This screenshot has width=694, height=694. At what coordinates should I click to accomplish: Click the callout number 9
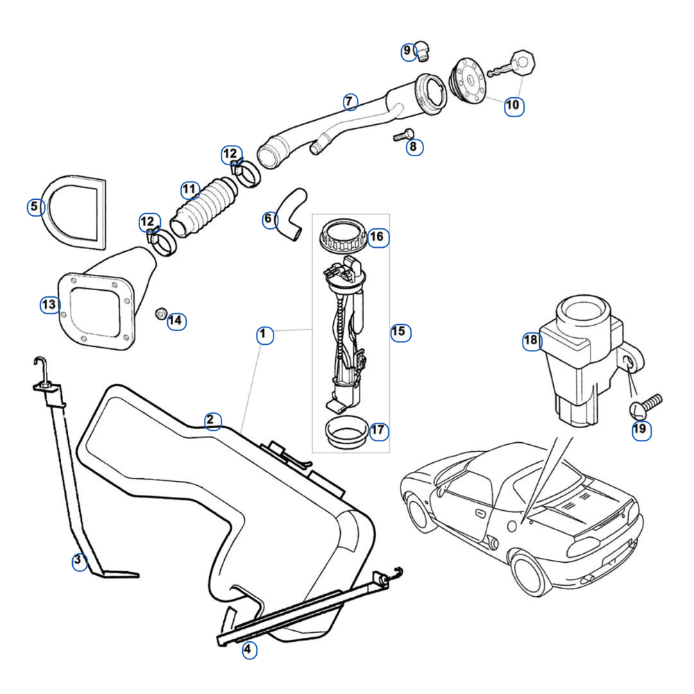pyautogui.click(x=407, y=51)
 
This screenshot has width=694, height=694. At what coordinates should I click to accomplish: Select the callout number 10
pyautogui.click(x=513, y=105)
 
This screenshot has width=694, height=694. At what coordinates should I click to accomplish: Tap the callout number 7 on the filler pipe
pyautogui.click(x=350, y=102)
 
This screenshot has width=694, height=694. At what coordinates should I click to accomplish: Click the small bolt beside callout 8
pyautogui.click(x=403, y=135)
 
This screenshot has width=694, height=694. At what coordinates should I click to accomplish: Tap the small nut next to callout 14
pyautogui.click(x=159, y=314)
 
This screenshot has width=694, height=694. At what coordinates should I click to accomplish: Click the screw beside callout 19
pyautogui.click(x=648, y=404)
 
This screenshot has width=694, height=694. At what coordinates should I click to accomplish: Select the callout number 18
pyautogui.click(x=531, y=340)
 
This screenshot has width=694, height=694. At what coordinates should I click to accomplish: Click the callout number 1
pyautogui.click(x=262, y=335)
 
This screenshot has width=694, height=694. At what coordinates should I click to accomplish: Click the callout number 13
pyautogui.click(x=49, y=305)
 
